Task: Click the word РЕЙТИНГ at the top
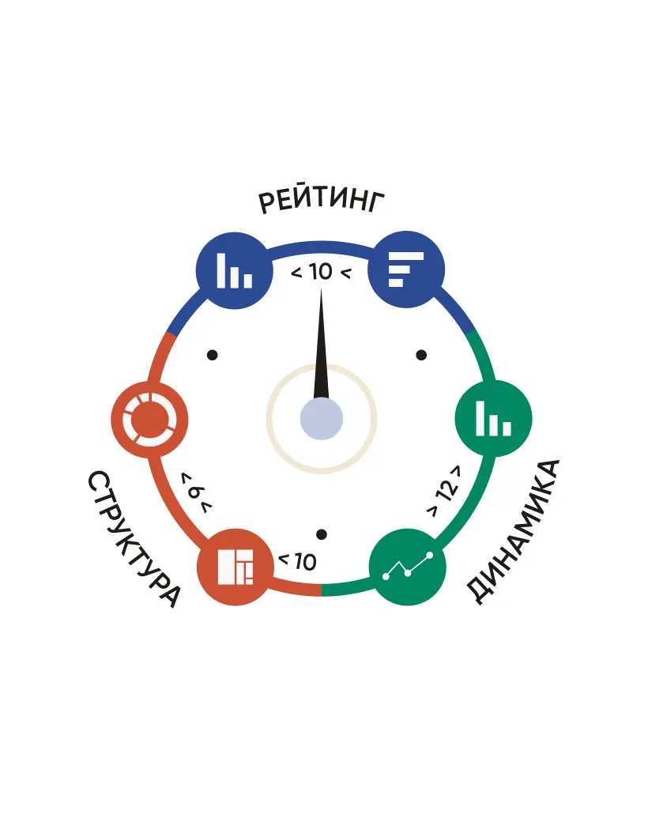(x=321, y=201)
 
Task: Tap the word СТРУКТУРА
(x=134, y=539)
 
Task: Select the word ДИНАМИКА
(x=513, y=532)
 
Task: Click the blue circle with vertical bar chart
(x=235, y=270)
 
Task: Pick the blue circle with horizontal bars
(x=406, y=270)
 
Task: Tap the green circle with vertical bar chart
(x=493, y=418)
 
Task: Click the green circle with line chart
(x=407, y=567)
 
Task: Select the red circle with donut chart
(x=149, y=420)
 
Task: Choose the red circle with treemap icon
(x=235, y=567)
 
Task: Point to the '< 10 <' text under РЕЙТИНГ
(x=321, y=272)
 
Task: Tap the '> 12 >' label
(x=446, y=491)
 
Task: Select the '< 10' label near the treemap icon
(x=297, y=561)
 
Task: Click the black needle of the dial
(x=321, y=343)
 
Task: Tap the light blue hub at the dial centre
(x=322, y=419)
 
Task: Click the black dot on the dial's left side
(x=213, y=355)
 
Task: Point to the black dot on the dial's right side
(x=421, y=355)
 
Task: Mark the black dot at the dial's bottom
(x=322, y=534)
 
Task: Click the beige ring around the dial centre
(x=322, y=365)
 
